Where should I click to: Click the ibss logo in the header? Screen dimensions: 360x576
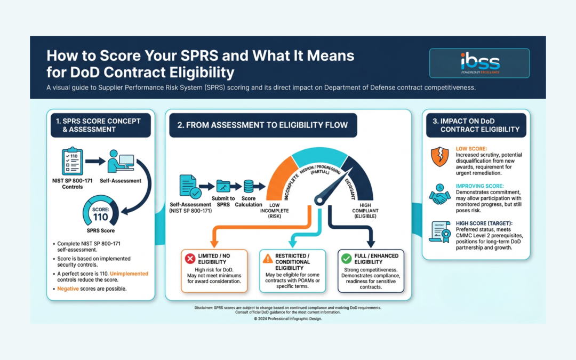point(480,63)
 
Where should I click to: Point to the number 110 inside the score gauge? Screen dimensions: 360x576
point(100,217)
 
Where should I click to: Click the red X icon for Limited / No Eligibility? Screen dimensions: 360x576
point(190,258)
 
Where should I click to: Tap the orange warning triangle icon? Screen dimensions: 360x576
point(267,258)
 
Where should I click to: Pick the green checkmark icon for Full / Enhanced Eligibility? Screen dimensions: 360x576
point(346,258)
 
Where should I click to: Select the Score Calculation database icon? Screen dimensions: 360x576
point(249,187)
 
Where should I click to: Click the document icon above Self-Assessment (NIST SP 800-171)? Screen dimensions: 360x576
point(189,187)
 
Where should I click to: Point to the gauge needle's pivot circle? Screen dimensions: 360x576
point(319,201)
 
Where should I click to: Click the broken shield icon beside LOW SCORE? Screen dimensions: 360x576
point(439,156)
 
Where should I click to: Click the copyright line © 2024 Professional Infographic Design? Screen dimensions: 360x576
point(288,318)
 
